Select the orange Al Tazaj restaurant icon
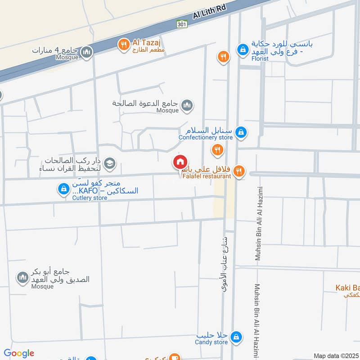123,44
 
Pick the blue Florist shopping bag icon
243,49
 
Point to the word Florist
260,58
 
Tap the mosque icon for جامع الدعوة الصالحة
187,106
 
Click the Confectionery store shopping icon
241,132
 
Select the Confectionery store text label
205,137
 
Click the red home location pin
180,162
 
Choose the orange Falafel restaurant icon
239,171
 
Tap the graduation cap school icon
109,164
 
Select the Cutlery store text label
90,198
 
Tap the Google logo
19,353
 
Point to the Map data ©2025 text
335,355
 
